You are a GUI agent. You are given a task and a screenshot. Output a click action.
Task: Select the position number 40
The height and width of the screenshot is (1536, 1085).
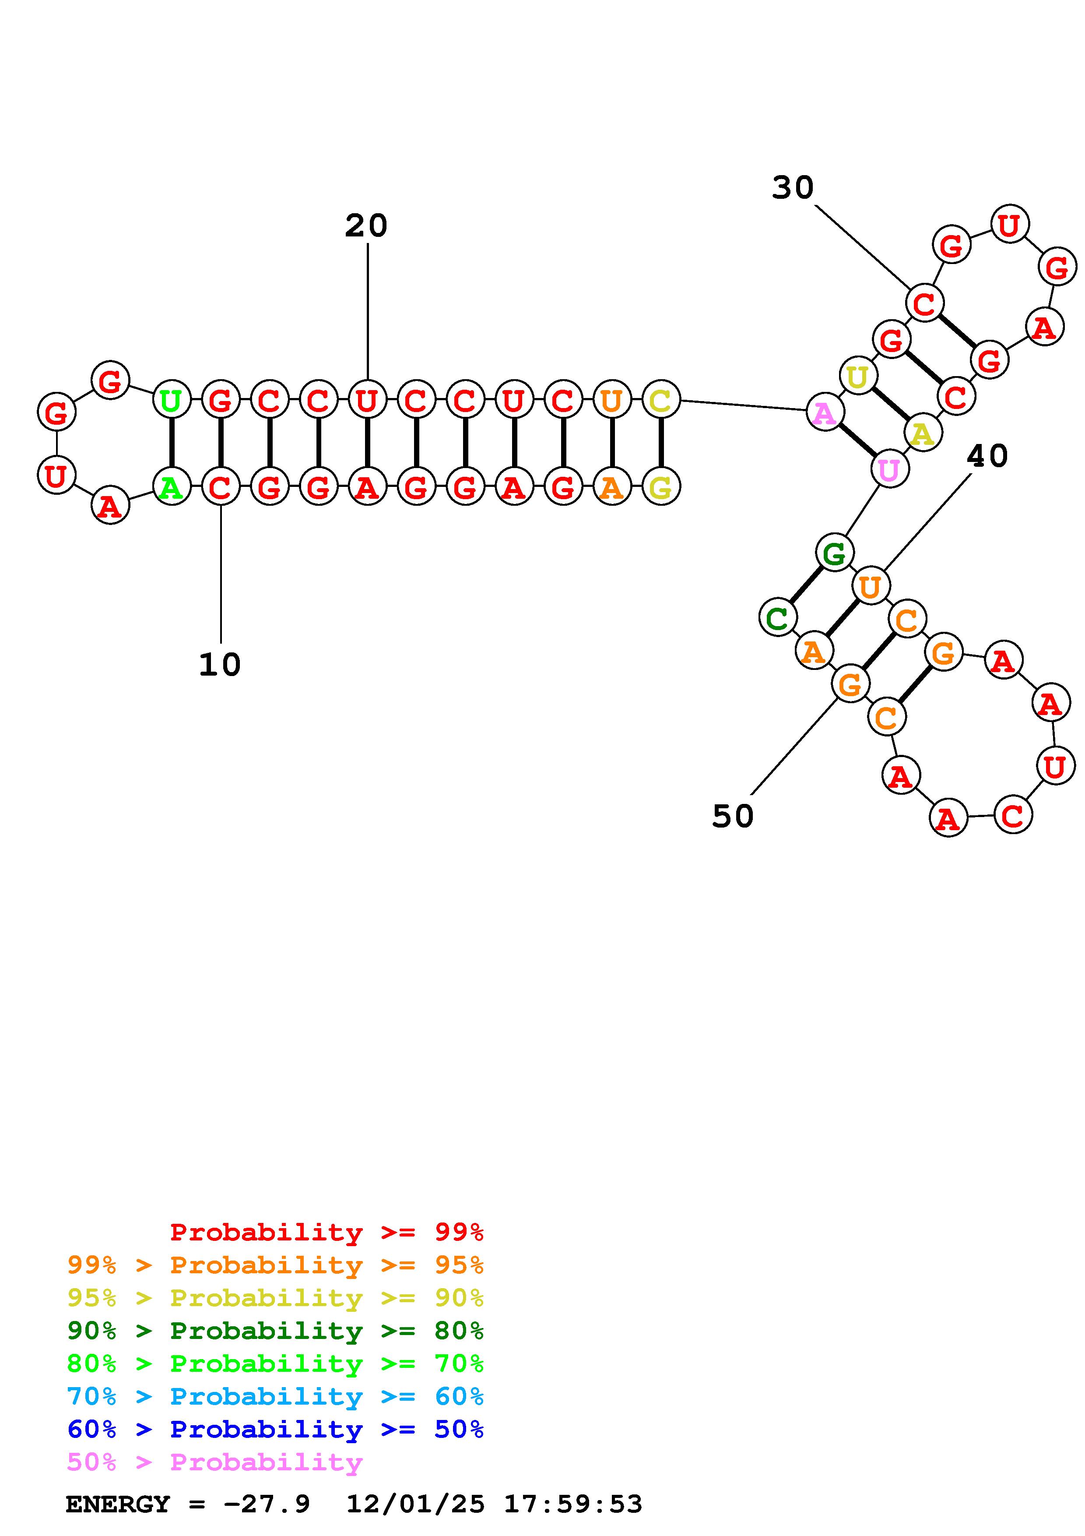(x=987, y=456)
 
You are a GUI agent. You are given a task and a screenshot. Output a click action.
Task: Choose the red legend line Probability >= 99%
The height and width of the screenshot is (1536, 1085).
(x=326, y=1232)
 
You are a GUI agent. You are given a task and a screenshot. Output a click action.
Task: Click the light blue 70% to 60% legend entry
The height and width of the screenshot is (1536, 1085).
(x=275, y=1397)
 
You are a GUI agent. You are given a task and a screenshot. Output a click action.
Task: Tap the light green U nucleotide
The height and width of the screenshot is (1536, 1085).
(x=172, y=400)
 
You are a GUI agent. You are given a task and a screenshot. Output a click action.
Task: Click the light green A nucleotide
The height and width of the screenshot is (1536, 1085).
(x=172, y=486)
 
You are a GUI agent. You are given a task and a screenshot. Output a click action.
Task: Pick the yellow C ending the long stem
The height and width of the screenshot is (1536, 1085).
(x=660, y=400)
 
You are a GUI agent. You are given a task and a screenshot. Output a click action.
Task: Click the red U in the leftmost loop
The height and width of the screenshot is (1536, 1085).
(x=56, y=475)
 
